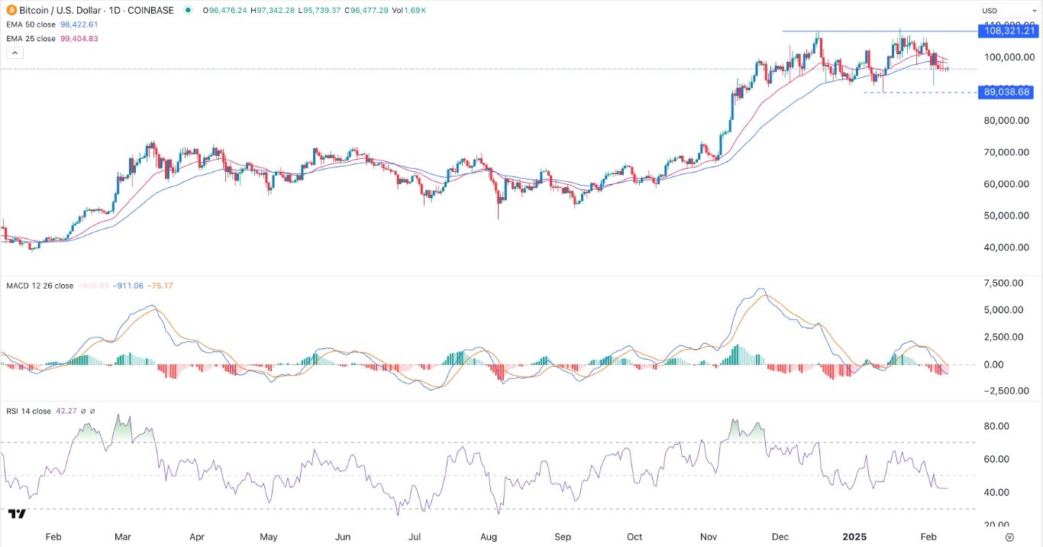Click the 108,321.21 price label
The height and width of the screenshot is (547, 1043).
pyautogui.click(x=1009, y=31)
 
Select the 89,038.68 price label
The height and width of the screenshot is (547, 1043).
pyautogui.click(x=1009, y=92)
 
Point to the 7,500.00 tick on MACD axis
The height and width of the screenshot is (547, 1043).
pyautogui.click(x=1005, y=283)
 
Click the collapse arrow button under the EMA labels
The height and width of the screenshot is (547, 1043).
pyautogui.click(x=15, y=53)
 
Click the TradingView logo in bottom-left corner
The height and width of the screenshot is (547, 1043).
pyautogui.click(x=17, y=513)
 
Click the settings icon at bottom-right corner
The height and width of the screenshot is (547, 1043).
pyautogui.click(x=1009, y=537)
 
